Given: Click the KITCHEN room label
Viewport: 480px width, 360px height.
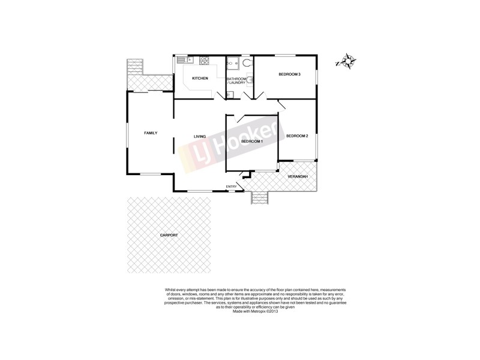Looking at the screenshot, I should coord(200,79).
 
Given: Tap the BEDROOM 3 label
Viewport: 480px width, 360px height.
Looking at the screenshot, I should coord(289,74).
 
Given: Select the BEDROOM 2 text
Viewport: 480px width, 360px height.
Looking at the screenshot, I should coord(297,136).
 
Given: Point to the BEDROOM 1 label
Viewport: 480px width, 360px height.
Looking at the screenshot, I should coord(251,141).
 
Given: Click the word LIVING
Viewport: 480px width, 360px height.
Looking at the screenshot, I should coord(200,137).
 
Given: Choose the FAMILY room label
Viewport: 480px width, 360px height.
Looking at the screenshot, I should coord(150,133).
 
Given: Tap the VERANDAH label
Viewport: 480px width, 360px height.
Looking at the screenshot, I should coord(298,176).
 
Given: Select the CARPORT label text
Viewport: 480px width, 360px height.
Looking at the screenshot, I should coord(169,235).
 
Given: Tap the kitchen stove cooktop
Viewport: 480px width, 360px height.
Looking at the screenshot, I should coord(204,60).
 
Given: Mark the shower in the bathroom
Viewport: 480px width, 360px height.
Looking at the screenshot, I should coord(232,63).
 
